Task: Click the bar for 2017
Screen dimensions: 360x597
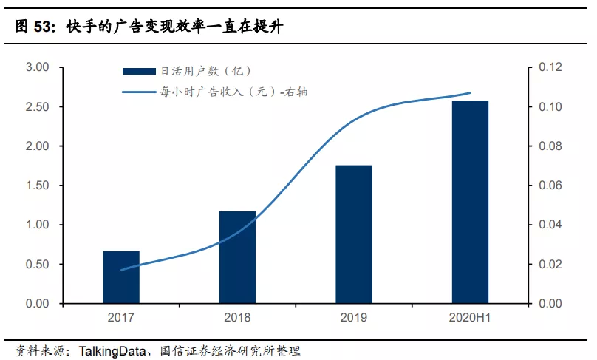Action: pos(120,277)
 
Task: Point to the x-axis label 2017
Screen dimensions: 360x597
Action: pos(120,318)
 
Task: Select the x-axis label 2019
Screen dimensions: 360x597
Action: pos(353,318)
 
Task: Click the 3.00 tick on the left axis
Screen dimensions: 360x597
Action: pos(37,68)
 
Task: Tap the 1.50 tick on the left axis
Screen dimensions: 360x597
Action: pos(37,186)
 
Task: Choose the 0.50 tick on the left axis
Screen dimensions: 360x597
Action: pos(37,265)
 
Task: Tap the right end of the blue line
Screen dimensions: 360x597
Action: pos(470,93)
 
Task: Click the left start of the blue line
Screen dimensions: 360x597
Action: pos(121,269)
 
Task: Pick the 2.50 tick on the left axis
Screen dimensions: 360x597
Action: pos(37,107)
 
